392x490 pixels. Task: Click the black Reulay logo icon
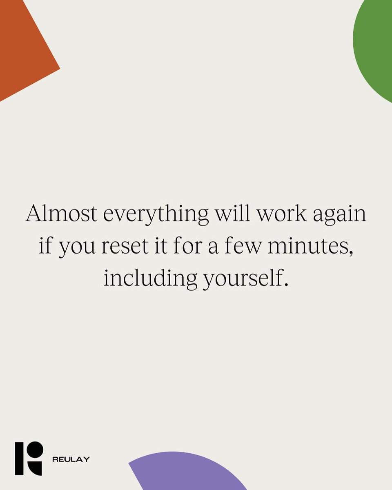[29, 458]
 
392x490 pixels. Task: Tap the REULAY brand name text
[71, 459]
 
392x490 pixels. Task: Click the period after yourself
[285, 284]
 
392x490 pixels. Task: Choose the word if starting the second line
[46, 246]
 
